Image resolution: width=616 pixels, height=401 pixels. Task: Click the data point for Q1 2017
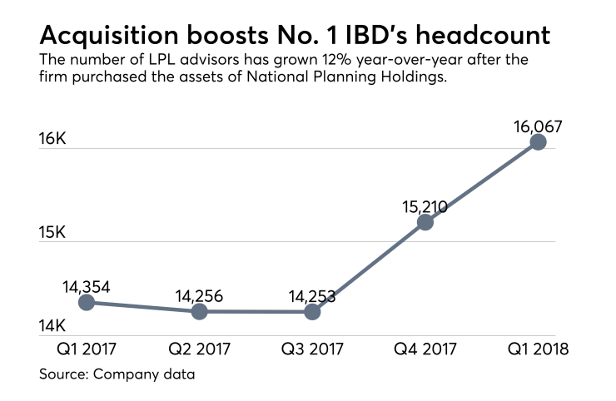coord(86,302)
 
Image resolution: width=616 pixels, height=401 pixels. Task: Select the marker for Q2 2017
coord(199,311)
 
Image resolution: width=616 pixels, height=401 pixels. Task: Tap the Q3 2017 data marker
coord(312,312)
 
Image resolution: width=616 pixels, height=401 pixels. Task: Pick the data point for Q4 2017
coord(425,222)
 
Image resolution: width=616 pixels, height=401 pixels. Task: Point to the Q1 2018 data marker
coord(539,141)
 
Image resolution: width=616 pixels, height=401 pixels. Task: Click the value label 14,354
coord(86,286)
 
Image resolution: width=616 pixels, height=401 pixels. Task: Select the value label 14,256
coord(199,295)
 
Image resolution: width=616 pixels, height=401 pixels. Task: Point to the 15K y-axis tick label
coord(52,232)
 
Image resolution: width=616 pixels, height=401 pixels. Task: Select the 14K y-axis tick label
coord(52,325)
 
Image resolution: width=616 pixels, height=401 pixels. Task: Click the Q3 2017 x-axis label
coord(310,349)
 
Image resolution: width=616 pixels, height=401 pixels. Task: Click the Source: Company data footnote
coord(117,374)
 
